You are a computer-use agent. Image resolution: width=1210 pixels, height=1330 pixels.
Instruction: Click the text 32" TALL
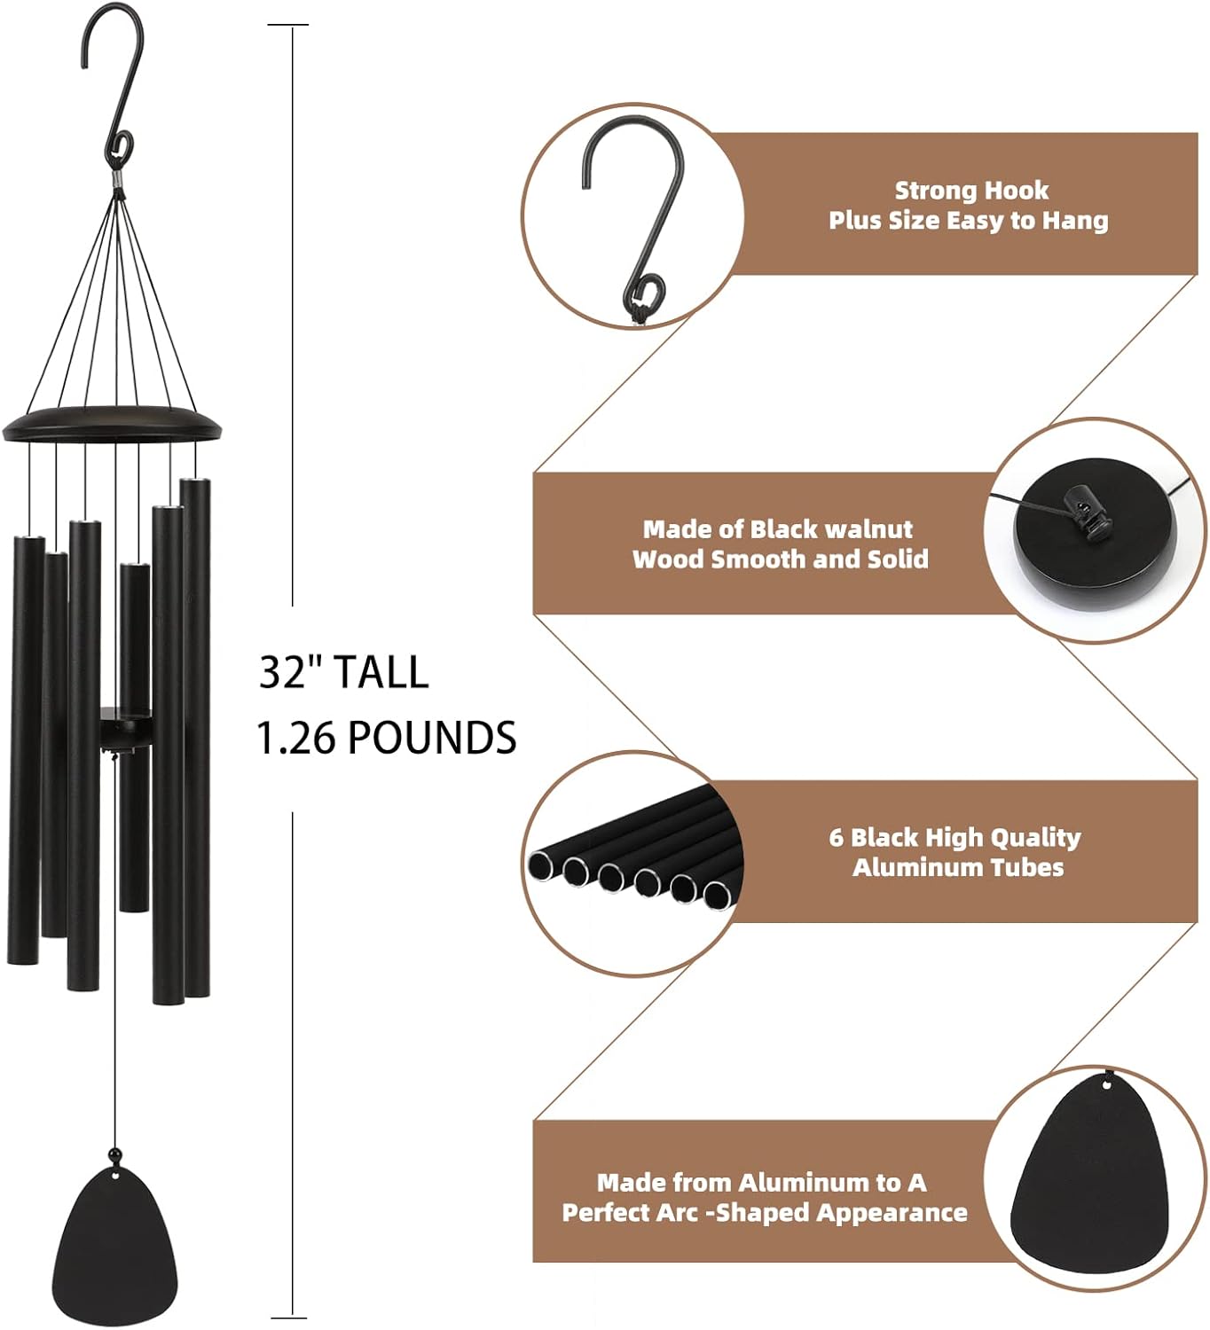tap(343, 672)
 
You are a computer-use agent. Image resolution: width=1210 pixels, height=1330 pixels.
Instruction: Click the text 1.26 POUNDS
tap(386, 738)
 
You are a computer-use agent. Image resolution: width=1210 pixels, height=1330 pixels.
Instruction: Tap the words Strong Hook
tap(970, 191)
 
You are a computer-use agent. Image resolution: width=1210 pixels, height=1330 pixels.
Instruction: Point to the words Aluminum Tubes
tap(958, 867)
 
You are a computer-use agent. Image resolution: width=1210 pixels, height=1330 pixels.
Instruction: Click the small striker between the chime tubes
tap(122, 727)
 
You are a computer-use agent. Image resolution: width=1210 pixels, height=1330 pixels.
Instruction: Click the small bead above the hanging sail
tap(114, 1154)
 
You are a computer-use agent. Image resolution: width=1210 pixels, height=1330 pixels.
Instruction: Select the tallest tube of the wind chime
tap(195, 736)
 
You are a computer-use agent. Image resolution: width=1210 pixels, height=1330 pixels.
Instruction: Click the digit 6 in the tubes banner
tap(836, 838)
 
